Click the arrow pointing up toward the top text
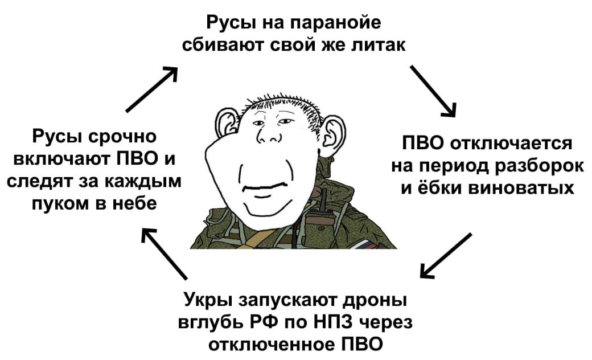pos(152,89)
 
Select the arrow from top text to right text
pos(433,91)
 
